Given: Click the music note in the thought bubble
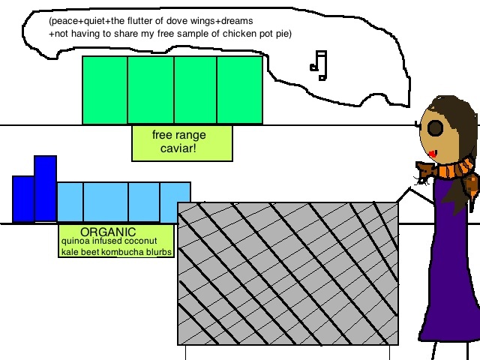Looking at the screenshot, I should coord(319,65).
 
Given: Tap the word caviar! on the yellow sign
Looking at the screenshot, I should coord(179,149).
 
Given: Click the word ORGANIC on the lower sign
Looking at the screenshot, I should coord(108,232).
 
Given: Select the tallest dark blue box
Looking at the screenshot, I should coord(45,188).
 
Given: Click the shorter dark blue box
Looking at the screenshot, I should coord(23,199).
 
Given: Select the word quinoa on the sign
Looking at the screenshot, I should coord(76,241).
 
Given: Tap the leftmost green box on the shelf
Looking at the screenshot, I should coord(104,90).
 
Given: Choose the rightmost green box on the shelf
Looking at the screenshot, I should coord(240,90).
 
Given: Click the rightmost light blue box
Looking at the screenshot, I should coord(175,202).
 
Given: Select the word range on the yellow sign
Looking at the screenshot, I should coord(190,135).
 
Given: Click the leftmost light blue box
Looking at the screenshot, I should coord(70,202).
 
